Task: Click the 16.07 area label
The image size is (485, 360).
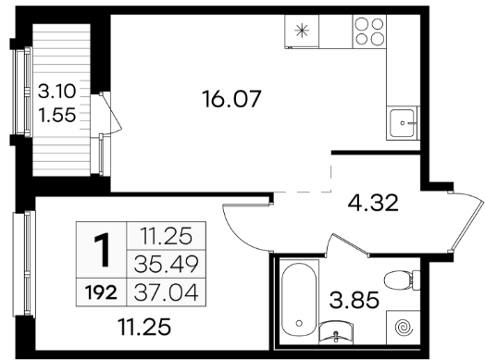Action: [231, 99]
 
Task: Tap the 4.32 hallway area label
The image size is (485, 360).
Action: [373, 204]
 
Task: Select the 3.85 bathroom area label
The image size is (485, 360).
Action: [354, 300]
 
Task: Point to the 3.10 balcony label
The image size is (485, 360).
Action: [56, 92]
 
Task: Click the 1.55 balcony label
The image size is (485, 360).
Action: [56, 115]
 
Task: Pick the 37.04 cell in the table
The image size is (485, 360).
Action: [166, 292]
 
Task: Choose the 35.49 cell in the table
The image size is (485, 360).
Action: [166, 264]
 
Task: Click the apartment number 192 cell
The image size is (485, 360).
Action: [102, 292]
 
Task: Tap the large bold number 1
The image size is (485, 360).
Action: [102, 250]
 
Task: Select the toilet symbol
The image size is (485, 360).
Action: [402, 280]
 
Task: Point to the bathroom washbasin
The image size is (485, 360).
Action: [336, 332]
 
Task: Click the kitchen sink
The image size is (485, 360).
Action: [402, 123]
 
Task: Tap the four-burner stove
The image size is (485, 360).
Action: [369, 31]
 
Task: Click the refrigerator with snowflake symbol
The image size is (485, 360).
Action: [302, 31]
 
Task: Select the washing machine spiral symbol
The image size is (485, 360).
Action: [404, 327]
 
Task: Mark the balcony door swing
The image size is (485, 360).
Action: [111, 114]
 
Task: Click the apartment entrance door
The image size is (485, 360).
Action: [466, 221]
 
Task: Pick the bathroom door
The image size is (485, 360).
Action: [348, 244]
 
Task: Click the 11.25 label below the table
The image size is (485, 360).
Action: [144, 328]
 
